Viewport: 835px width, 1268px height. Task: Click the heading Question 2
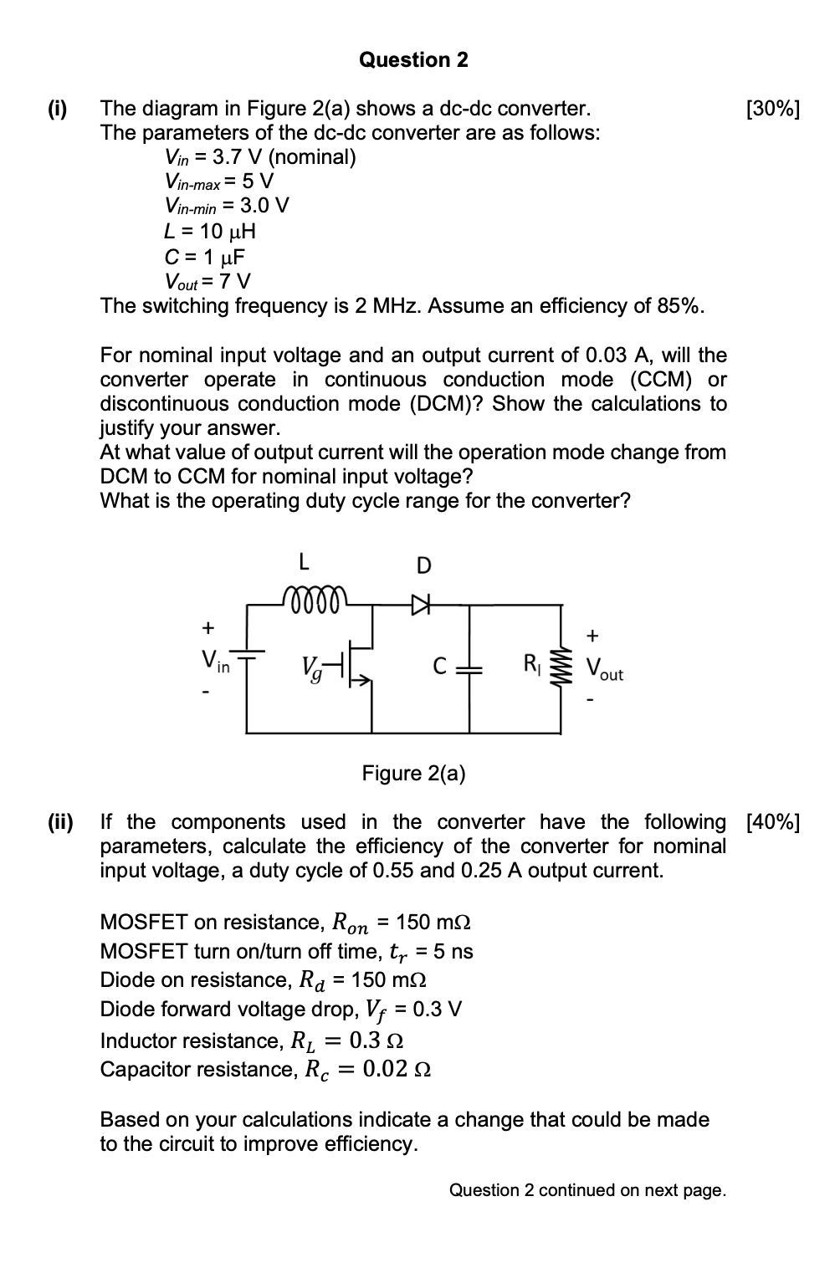coord(413,60)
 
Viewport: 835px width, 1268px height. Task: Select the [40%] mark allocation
coord(772,822)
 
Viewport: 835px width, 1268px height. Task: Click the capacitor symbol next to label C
coord(469,667)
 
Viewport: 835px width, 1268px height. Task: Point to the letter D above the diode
coord(423,566)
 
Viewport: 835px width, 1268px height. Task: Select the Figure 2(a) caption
coord(413,773)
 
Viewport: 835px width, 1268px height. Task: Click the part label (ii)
coord(60,822)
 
